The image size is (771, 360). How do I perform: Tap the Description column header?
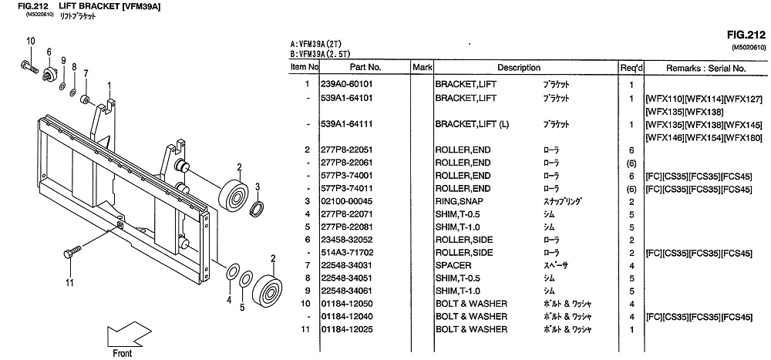coord(519,68)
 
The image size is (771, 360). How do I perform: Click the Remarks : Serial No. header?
coord(705,68)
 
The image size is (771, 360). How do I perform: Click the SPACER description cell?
coord(453,265)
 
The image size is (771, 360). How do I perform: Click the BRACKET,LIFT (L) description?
coord(472,124)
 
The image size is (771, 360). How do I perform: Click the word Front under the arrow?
coord(122,353)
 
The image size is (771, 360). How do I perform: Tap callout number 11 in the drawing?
coord(70,282)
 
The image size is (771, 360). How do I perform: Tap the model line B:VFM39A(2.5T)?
coord(321,55)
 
